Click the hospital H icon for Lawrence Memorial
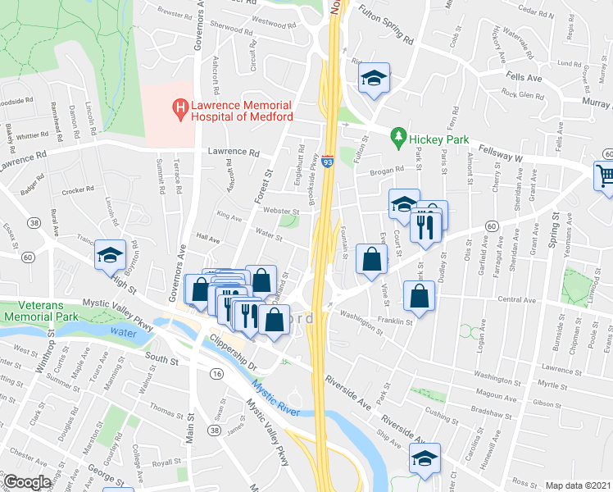pos(177,107)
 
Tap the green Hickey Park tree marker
pos(398,134)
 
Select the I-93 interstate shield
pos(327,162)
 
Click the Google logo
pos(26,482)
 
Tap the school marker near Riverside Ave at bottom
pos(425,457)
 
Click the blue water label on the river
pos(124,333)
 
